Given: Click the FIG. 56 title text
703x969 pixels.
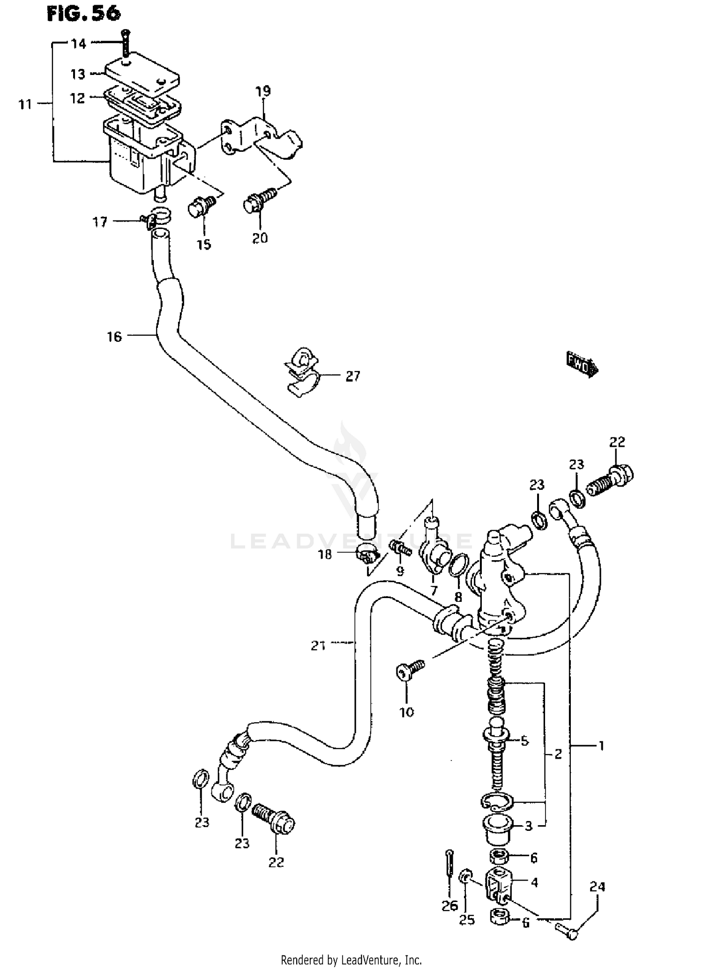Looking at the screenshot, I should coord(83,14).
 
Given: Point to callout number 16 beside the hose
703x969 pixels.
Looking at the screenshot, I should coord(114,336).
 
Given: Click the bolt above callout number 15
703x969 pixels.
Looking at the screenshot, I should coord(202,207).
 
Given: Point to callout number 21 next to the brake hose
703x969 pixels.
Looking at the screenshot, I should coord(318,646).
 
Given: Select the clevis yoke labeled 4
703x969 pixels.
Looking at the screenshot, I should coord(498,884).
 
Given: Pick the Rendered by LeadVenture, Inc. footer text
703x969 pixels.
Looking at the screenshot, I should coord(351,960).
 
